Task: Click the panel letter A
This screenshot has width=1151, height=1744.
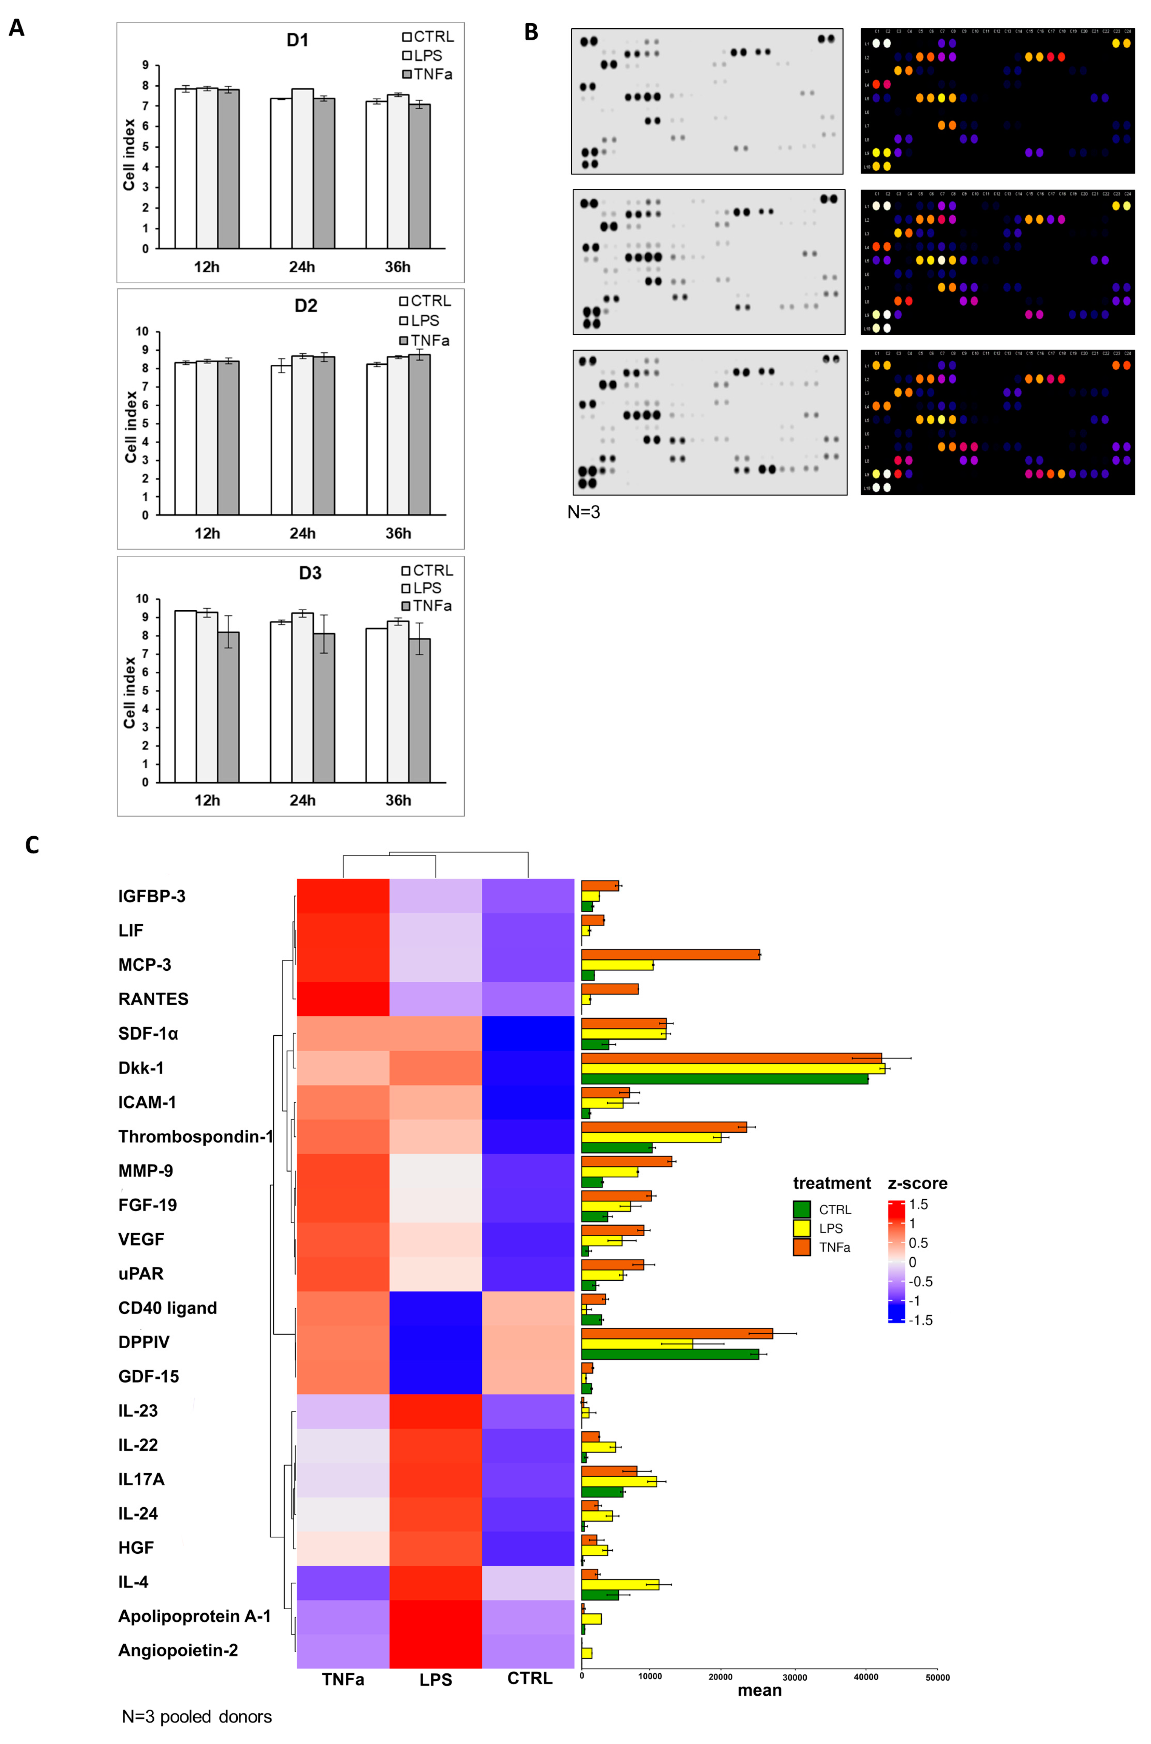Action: point(16,28)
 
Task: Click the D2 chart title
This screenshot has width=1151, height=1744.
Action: point(306,305)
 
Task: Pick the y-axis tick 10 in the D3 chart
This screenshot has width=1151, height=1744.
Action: point(142,599)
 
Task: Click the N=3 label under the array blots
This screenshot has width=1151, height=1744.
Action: point(584,512)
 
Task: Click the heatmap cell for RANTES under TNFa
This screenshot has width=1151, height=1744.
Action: point(343,999)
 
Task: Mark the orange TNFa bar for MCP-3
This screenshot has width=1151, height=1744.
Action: point(670,954)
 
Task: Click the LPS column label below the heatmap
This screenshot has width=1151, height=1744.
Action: point(435,1680)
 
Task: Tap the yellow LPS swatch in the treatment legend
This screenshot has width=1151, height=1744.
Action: point(801,1228)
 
